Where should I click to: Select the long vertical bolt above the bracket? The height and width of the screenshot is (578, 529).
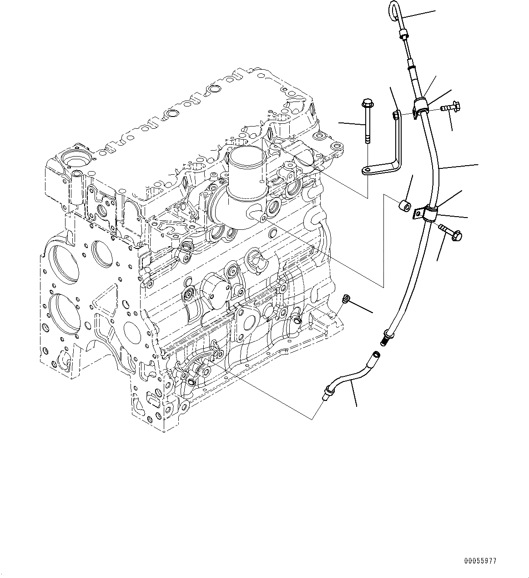point(366,121)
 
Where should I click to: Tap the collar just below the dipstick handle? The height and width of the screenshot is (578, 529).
point(403,35)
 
